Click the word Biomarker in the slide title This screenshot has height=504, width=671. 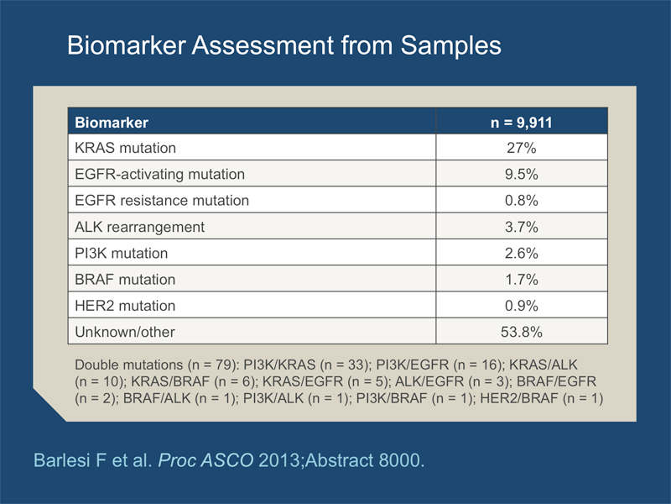click(127, 45)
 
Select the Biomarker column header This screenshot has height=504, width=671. click(112, 123)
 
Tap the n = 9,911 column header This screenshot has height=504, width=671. click(521, 123)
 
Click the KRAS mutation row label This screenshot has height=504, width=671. click(125, 148)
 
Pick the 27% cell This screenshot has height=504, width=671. click(521, 148)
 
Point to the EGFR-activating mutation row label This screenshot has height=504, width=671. click(159, 174)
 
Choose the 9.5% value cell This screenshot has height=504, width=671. click(521, 174)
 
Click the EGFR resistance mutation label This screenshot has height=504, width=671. click(162, 200)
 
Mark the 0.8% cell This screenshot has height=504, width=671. click(521, 200)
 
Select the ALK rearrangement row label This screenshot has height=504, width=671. click(139, 227)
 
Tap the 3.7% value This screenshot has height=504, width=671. click(521, 227)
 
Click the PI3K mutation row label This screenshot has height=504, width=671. click(121, 253)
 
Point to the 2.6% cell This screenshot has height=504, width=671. click(521, 253)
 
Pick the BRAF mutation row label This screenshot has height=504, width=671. click(125, 280)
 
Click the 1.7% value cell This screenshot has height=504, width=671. click(521, 280)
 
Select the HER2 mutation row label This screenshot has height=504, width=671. click(125, 306)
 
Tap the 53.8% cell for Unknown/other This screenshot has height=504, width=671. click(521, 332)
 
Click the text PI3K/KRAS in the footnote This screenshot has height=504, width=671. click(279, 365)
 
